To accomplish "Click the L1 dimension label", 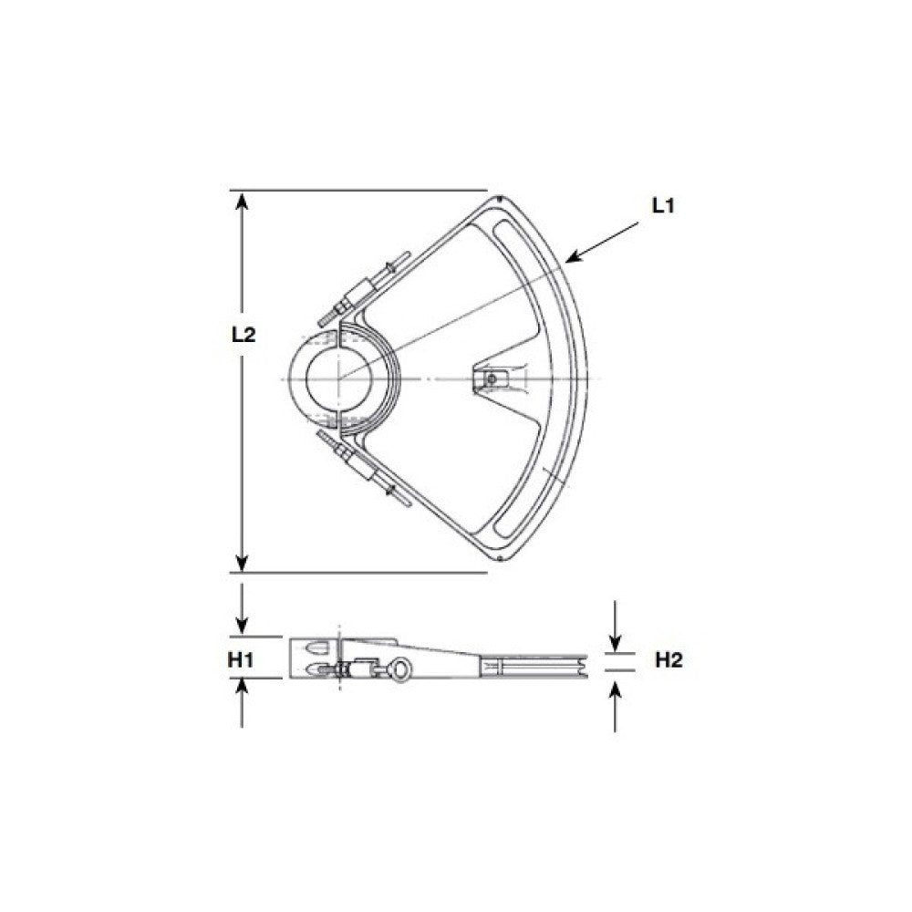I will tap(662, 206).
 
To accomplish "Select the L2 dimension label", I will tap(244, 335).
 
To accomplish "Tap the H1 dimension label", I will tap(240, 659).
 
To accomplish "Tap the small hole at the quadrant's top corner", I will tap(500, 199).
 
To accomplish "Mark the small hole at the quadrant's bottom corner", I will tap(500, 557).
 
